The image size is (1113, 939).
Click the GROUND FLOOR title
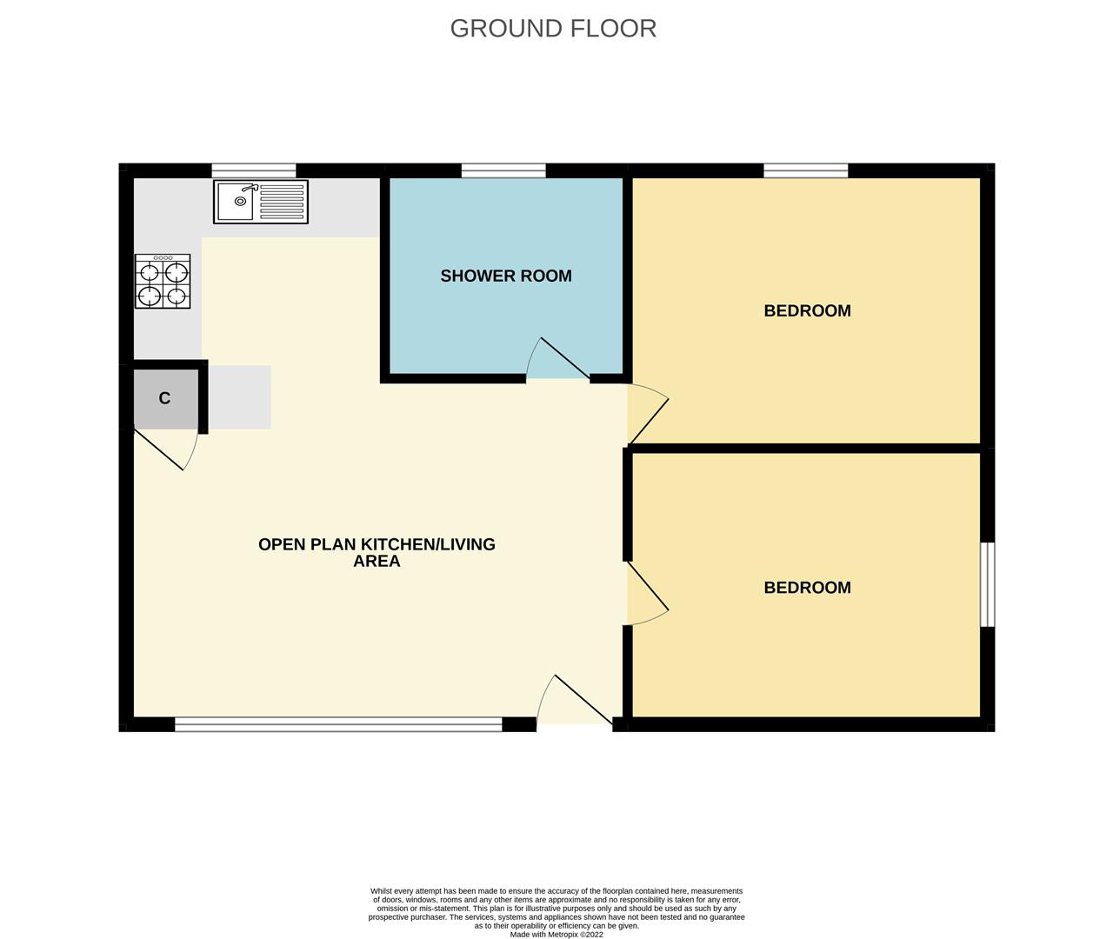553,29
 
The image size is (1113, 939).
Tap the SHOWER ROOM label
506,276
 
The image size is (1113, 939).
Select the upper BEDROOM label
807,310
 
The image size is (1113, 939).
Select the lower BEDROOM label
807,587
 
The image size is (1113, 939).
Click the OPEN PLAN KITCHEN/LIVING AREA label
377,553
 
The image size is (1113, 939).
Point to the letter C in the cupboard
164,398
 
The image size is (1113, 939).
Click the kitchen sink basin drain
240,201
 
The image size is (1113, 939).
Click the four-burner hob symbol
163,282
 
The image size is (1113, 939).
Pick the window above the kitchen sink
254,170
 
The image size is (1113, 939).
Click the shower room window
503,170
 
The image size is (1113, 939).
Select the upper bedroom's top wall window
805,170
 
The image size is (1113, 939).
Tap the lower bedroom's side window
988,584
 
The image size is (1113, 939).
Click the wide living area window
338,723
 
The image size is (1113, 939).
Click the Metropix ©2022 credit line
556,934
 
